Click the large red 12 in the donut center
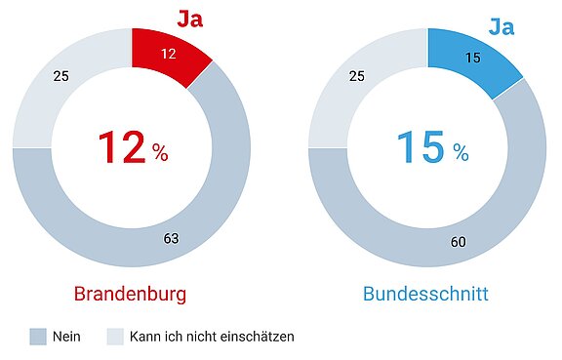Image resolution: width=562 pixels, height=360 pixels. click(120, 148)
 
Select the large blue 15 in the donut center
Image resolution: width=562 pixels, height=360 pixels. click(418, 148)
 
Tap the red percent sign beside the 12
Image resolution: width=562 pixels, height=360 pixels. click(160, 153)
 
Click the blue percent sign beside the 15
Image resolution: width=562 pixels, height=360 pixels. click(460, 153)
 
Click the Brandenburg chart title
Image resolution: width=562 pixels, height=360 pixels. click(130, 294)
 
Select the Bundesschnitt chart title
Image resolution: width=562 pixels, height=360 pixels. click(426, 294)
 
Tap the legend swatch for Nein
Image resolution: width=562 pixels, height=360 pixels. click(39, 337)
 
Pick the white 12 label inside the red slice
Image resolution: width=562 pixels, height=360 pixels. click(168, 55)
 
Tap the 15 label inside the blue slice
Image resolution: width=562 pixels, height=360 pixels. click(473, 58)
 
